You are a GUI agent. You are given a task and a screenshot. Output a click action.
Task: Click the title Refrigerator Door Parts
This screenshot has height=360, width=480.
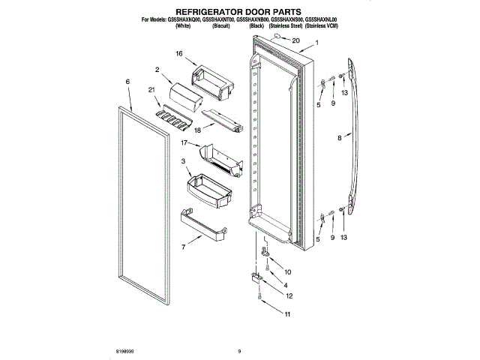tap(239, 11)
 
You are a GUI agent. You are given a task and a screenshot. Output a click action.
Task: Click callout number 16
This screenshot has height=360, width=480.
tap(179, 54)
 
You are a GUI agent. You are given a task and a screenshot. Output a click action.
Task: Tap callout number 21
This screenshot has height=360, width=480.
tap(152, 91)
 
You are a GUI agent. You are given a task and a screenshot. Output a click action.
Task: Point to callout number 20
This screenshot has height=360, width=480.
tap(295, 40)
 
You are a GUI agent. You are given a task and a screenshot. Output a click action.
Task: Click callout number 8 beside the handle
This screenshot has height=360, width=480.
tap(339, 138)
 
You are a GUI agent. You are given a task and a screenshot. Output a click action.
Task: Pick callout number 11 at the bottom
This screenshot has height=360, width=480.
tap(286, 314)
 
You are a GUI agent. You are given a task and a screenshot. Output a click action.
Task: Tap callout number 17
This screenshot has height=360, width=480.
tap(184, 142)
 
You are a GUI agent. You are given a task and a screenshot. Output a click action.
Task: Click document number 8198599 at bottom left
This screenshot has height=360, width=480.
tap(126, 350)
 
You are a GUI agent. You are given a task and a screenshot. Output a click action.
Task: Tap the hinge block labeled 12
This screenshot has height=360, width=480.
tap(256, 278)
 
